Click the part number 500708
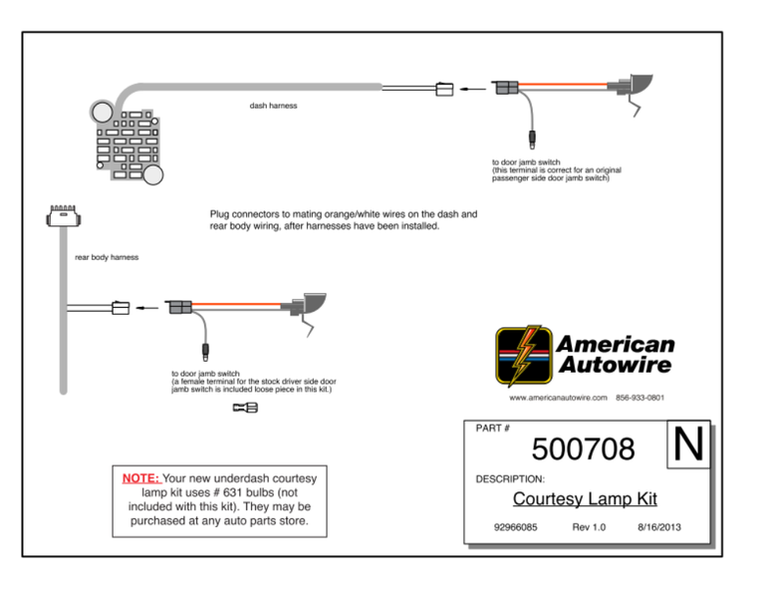(583, 449)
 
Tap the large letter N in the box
(687, 445)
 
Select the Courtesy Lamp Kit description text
(585, 499)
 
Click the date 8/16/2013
(658, 526)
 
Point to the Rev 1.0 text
(589, 526)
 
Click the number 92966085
(516, 526)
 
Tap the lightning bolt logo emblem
(522, 356)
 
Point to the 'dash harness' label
(273, 105)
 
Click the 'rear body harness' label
(107, 257)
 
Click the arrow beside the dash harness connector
(475, 89)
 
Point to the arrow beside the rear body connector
(147, 308)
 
